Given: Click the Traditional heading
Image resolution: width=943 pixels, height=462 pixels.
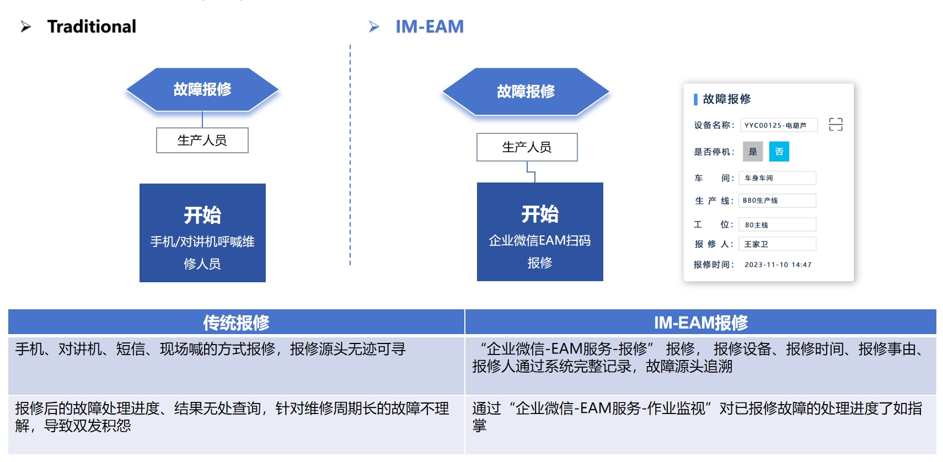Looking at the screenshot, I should [92, 26].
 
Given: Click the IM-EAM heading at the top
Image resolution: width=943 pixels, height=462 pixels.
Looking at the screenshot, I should [429, 26].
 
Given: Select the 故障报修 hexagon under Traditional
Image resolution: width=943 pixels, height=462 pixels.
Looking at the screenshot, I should [202, 89].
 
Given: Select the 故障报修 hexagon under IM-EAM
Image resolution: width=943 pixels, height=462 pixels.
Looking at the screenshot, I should [526, 92].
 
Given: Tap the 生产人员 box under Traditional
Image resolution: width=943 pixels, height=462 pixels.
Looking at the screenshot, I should [202, 141].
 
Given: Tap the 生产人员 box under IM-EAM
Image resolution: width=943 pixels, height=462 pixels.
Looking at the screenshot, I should [527, 147].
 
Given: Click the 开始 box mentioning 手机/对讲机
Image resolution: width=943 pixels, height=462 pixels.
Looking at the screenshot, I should [202, 233].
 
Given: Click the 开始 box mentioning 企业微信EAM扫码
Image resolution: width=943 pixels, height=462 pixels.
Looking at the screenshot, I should [540, 232].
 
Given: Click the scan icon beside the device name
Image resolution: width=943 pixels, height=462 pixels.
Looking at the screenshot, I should [835, 125].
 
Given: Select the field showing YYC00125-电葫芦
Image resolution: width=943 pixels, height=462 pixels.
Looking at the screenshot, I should [778, 125].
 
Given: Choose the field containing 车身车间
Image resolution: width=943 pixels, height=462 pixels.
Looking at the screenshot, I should [777, 178].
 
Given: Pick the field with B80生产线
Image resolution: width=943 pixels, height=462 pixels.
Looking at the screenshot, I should [777, 201].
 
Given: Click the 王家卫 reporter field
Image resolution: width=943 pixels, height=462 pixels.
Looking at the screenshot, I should [777, 244].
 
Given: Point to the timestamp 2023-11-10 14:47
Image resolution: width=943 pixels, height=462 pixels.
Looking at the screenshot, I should [778, 265].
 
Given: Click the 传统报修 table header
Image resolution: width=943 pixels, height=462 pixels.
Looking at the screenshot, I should [236, 323].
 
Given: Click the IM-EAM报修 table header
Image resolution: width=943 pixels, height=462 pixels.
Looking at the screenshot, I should [700, 323].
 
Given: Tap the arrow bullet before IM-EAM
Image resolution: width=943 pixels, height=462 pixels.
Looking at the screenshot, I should [374, 26].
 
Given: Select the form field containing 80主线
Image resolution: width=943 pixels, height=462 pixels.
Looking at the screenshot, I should [777, 225].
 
